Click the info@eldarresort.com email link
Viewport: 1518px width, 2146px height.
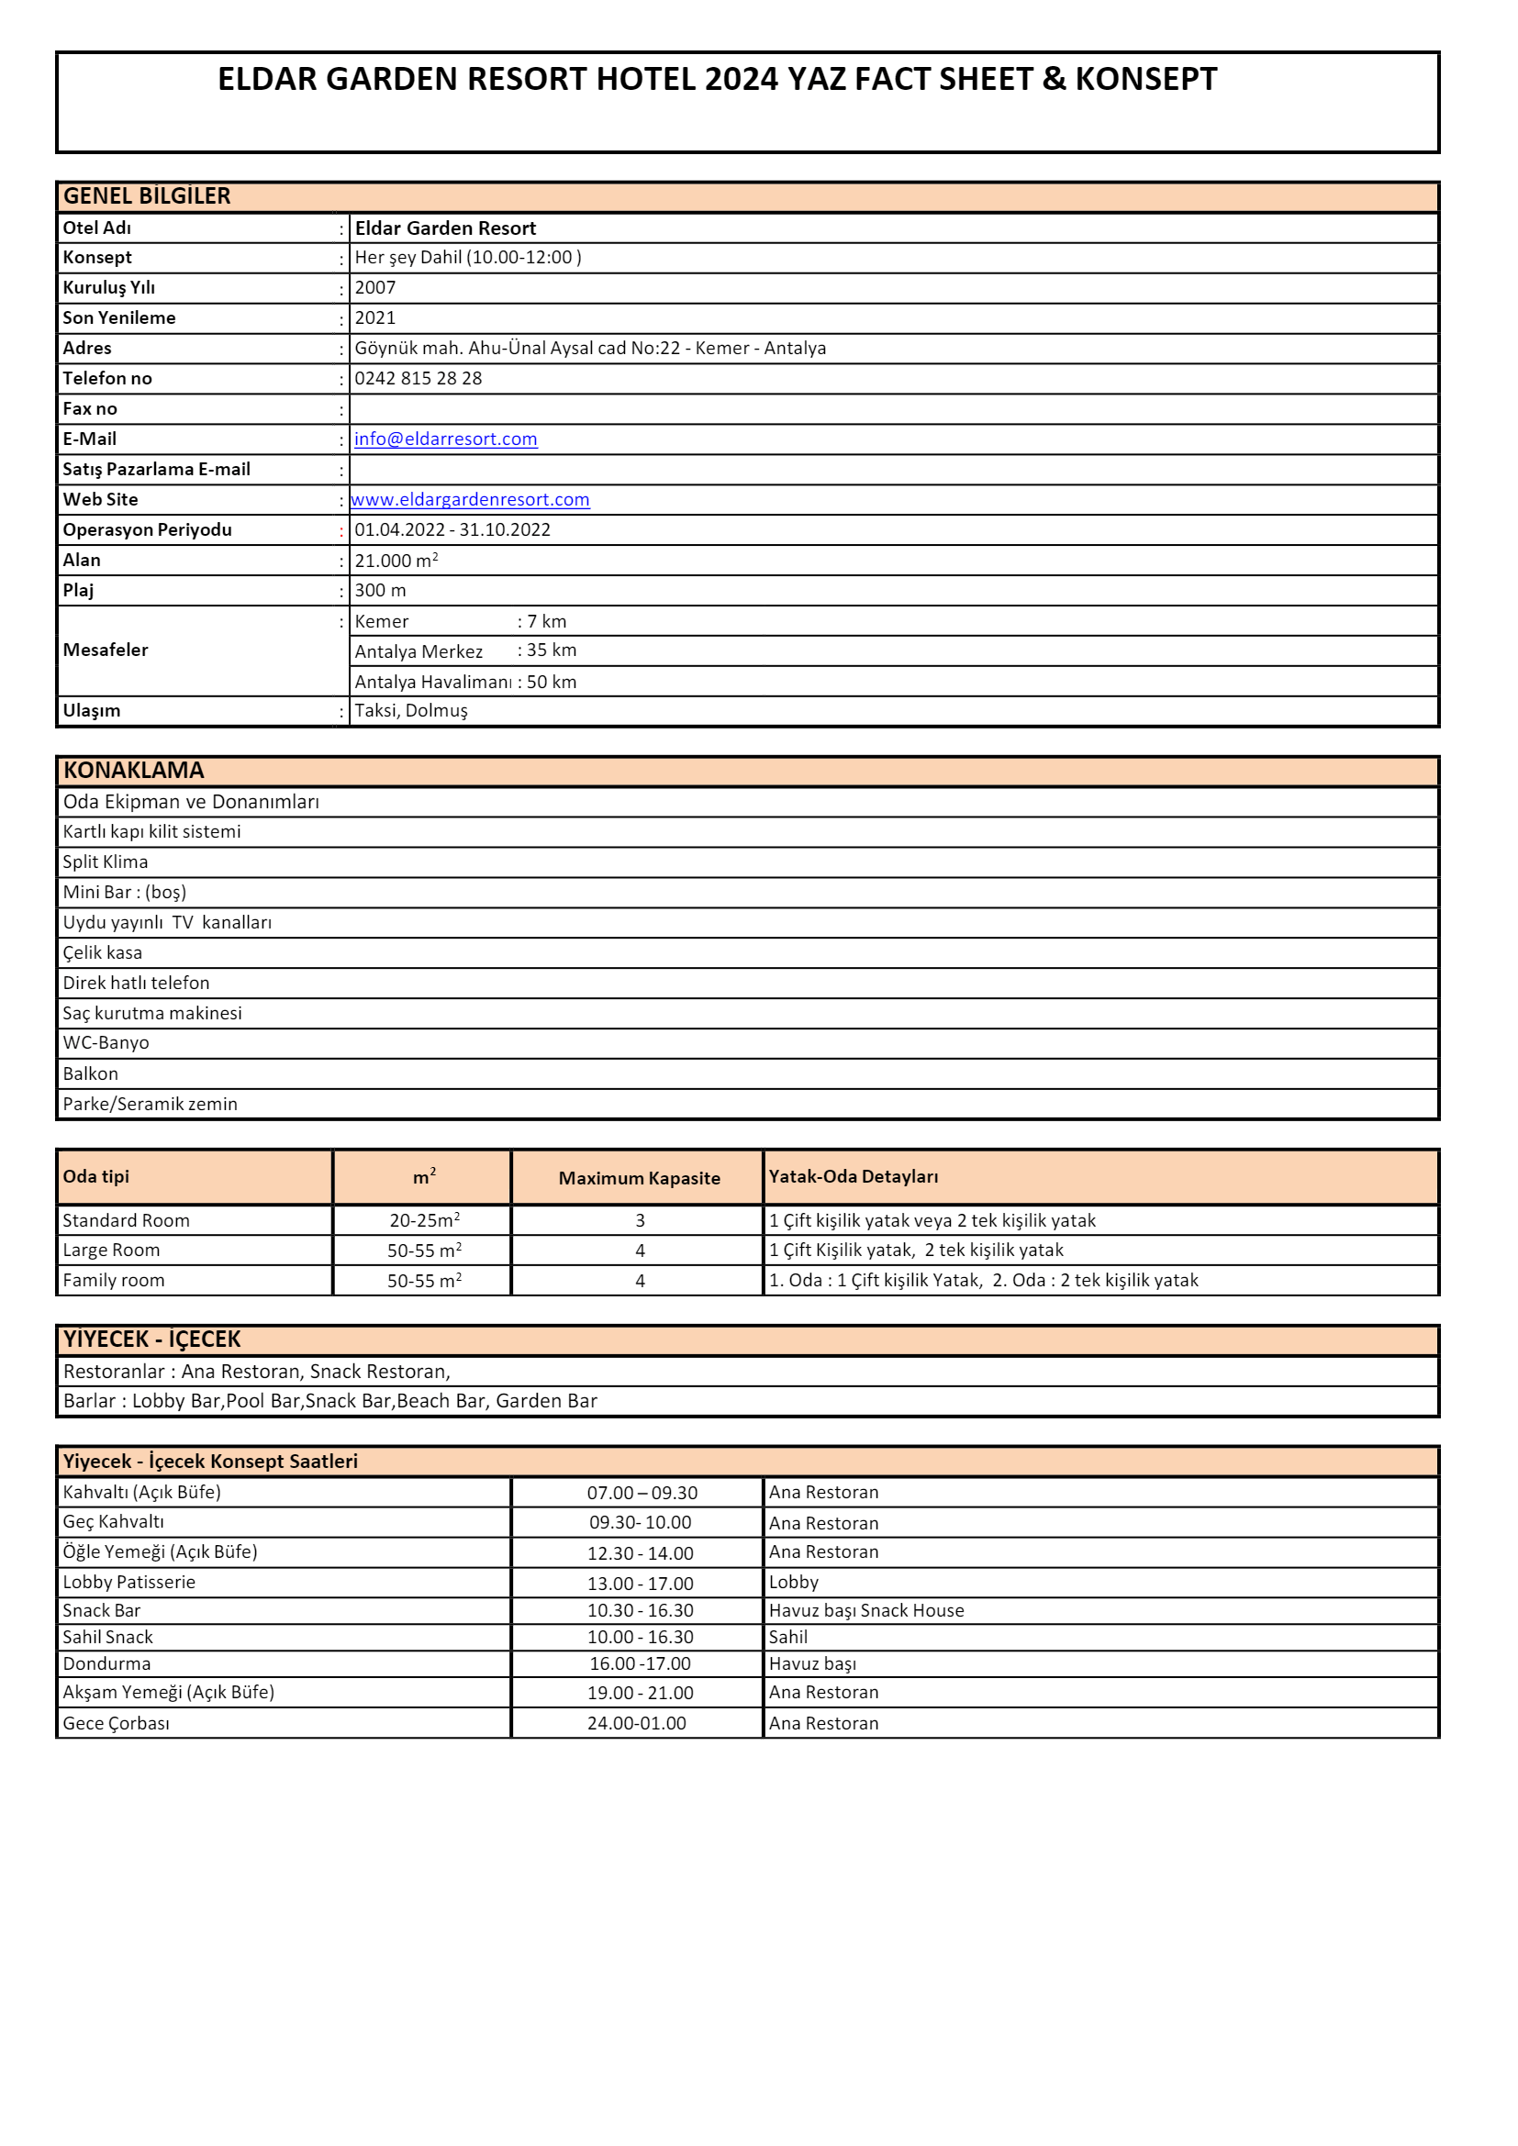[x=445, y=439]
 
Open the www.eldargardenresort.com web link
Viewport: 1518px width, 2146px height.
[x=470, y=500]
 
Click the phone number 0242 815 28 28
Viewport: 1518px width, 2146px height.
[x=418, y=379]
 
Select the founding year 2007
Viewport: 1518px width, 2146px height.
[x=374, y=288]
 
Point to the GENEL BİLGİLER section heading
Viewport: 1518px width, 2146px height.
[x=147, y=196]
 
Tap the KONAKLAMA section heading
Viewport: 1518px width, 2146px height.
[x=134, y=771]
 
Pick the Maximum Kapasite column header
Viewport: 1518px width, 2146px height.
[x=640, y=1179]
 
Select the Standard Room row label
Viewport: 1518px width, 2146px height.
[x=126, y=1220]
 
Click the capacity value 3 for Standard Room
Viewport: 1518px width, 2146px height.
[x=641, y=1220]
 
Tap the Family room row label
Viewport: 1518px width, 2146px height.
[x=113, y=1281]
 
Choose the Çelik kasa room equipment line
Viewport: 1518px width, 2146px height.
[x=103, y=952]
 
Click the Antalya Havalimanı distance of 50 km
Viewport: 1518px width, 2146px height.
[x=552, y=683]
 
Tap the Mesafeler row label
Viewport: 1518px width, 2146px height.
[x=106, y=650]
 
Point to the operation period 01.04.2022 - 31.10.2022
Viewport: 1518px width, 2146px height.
[x=452, y=530]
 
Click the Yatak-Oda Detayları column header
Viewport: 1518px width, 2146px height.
[x=854, y=1177]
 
